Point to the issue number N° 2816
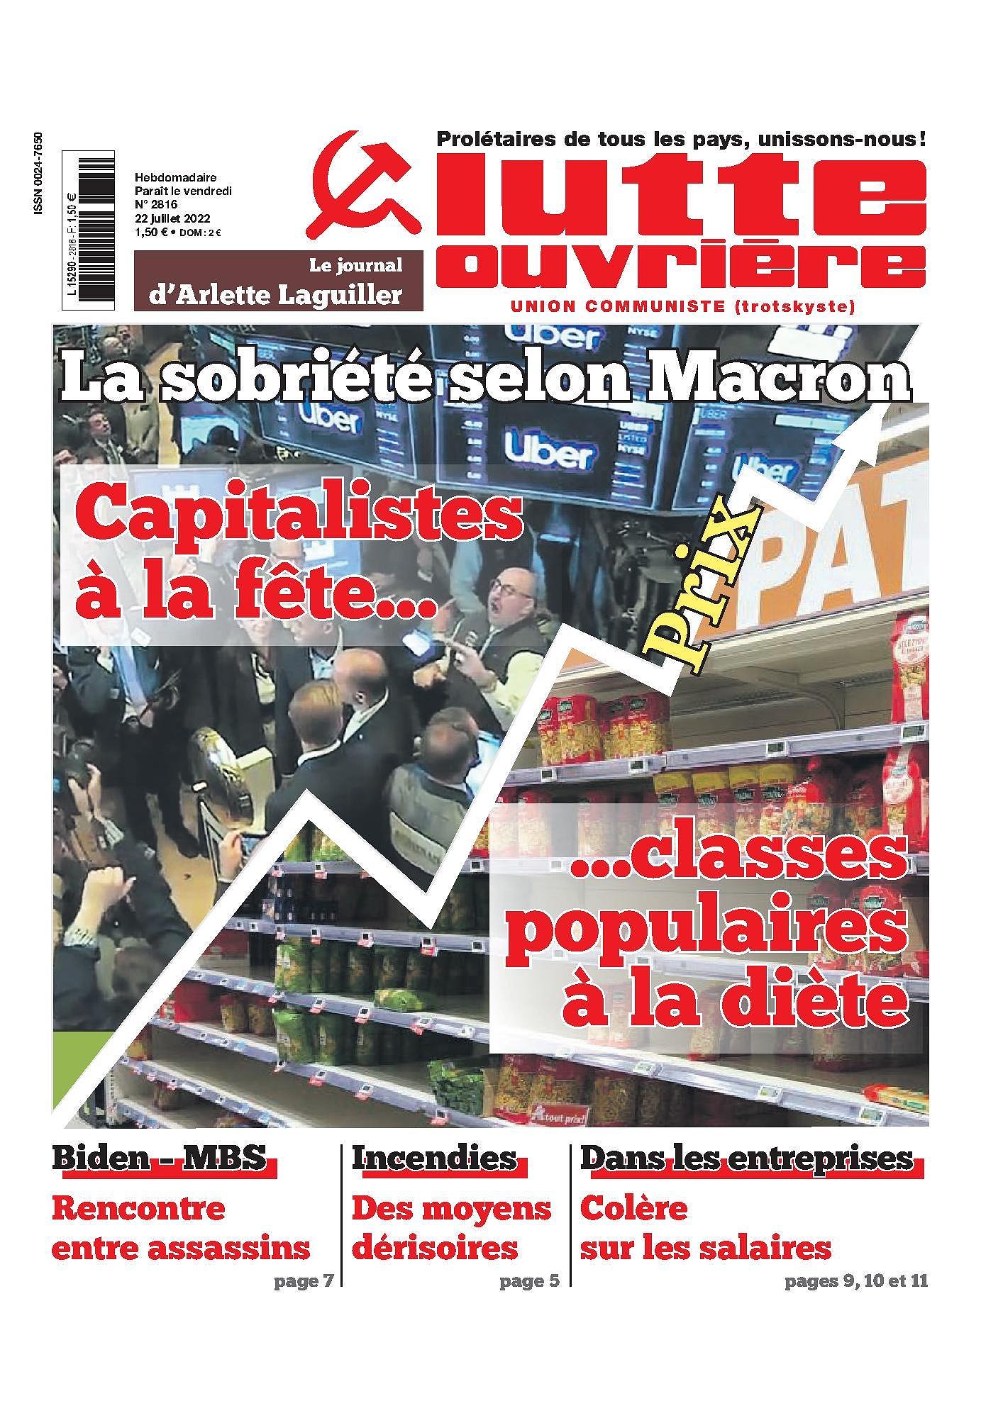click(154, 204)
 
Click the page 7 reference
click(303, 1281)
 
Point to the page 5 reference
click(529, 1281)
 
